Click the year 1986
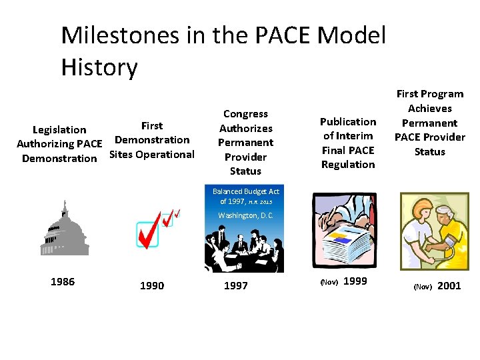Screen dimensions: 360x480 point(63,281)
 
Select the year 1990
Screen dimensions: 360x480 point(152,285)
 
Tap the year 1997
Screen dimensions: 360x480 point(236,285)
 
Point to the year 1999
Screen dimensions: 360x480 point(355,281)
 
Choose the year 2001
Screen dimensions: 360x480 point(449,285)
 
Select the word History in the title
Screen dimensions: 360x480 point(99,67)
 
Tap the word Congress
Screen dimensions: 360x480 point(245,114)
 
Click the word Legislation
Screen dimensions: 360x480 point(59,129)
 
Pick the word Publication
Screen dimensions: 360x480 point(348,121)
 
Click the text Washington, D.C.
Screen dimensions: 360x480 point(245,215)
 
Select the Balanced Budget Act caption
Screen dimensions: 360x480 point(245,196)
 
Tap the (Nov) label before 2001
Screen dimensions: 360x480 point(423,287)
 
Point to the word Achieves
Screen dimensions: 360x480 point(430,108)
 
